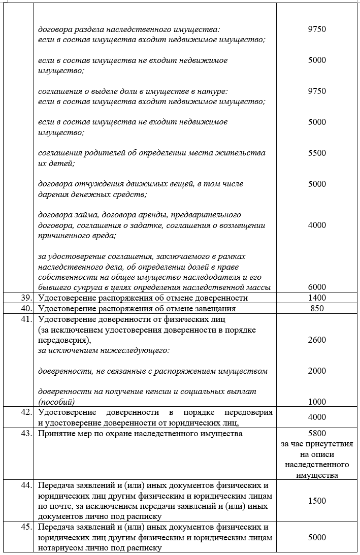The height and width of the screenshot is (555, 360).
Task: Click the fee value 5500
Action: (317, 153)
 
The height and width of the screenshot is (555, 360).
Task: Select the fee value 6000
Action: (317, 287)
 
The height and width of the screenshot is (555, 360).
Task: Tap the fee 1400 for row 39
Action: (317, 298)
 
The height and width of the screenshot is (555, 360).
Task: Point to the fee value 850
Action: (317, 308)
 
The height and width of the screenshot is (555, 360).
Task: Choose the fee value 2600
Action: (317, 340)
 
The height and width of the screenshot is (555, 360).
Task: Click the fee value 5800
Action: (317, 434)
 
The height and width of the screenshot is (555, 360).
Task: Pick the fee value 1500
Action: (317, 501)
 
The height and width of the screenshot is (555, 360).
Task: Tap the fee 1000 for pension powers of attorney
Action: (317, 402)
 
